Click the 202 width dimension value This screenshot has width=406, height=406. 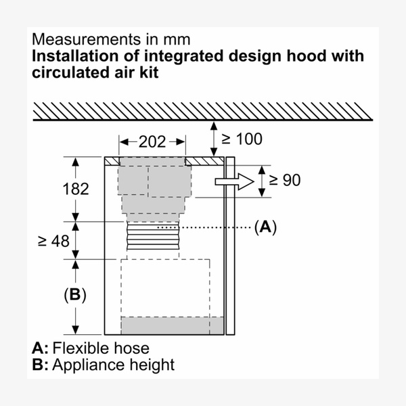click(x=152, y=142)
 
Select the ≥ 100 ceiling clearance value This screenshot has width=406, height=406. click(x=242, y=139)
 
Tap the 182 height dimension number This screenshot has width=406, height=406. click(x=76, y=189)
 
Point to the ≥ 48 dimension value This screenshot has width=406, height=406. click(x=54, y=242)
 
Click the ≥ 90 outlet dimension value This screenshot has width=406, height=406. click(x=285, y=180)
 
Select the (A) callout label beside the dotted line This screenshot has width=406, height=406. click(x=265, y=227)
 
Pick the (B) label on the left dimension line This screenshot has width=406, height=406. click(x=75, y=294)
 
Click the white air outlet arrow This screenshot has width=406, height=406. click(x=234, y=182)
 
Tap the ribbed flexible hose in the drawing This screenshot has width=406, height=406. click(x=153, y=236)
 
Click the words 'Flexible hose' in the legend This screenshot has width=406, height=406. click(x=101, y=348)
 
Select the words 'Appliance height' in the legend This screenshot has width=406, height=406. click(x=114, y=365)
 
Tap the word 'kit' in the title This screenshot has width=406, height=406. click(x=149, y=72)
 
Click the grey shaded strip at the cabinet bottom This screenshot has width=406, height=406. click(x=173, y=325)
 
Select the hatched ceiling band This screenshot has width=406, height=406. click(x=203, y=112)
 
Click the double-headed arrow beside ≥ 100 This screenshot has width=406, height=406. click(x=214, y=139)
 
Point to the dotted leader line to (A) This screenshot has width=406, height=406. click(x=204, y=227)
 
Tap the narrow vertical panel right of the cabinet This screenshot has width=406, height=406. click(x=230, y=246)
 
